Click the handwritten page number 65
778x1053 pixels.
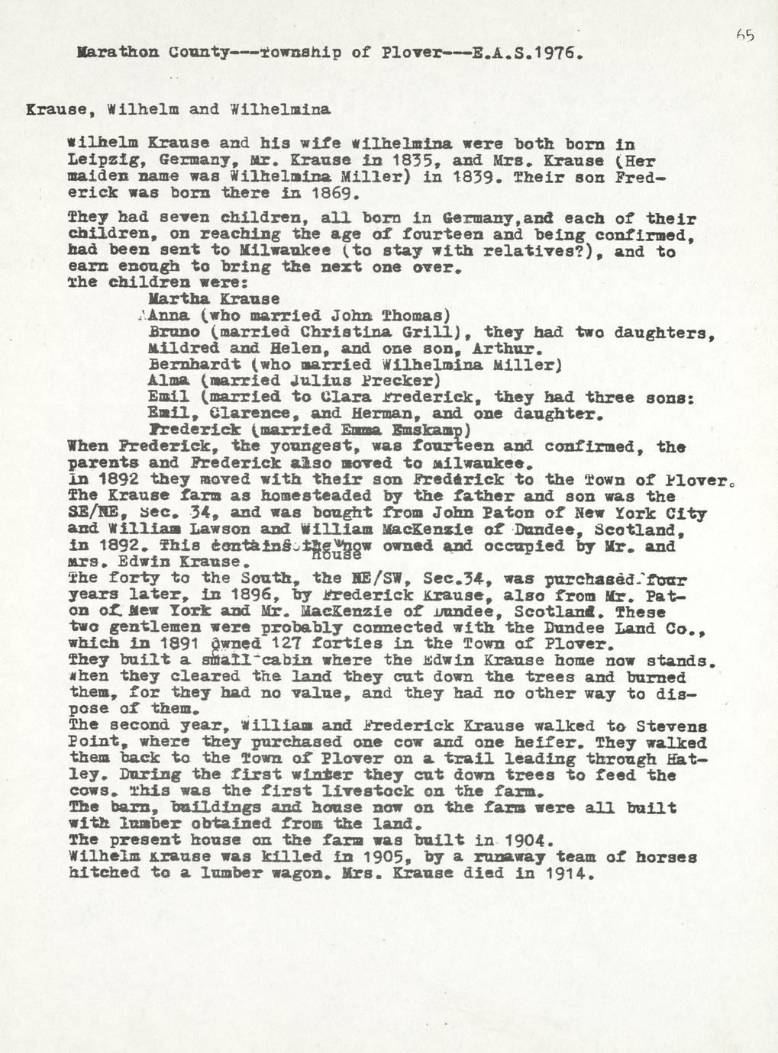point(745,35)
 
